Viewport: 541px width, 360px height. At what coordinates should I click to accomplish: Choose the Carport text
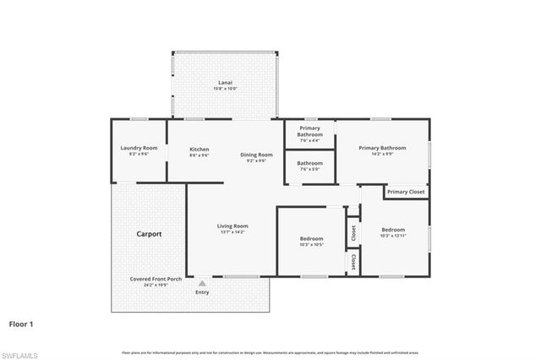tap(150, 233)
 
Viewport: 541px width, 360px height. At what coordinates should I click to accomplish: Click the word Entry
tap(202, 292)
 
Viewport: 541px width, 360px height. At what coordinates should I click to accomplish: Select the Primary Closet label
tap(406, 192)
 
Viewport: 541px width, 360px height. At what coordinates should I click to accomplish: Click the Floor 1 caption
tap(21, 324)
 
